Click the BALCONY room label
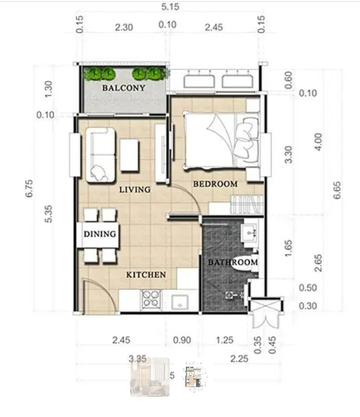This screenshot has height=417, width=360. [123, 88]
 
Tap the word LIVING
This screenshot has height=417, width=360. [135, 189]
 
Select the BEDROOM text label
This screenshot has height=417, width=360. [215, 184]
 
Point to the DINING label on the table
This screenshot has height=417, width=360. [100, 234]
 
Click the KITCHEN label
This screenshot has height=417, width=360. [146, 275]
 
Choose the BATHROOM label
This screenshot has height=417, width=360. [233, 262]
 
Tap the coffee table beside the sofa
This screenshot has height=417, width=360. [130, 155]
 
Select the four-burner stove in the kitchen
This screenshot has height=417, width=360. [151, 300]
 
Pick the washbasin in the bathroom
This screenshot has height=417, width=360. [250, 234]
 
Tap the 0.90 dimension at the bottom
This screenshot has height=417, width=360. [182, 341]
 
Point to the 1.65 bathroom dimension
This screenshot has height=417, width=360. [288, 249]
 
